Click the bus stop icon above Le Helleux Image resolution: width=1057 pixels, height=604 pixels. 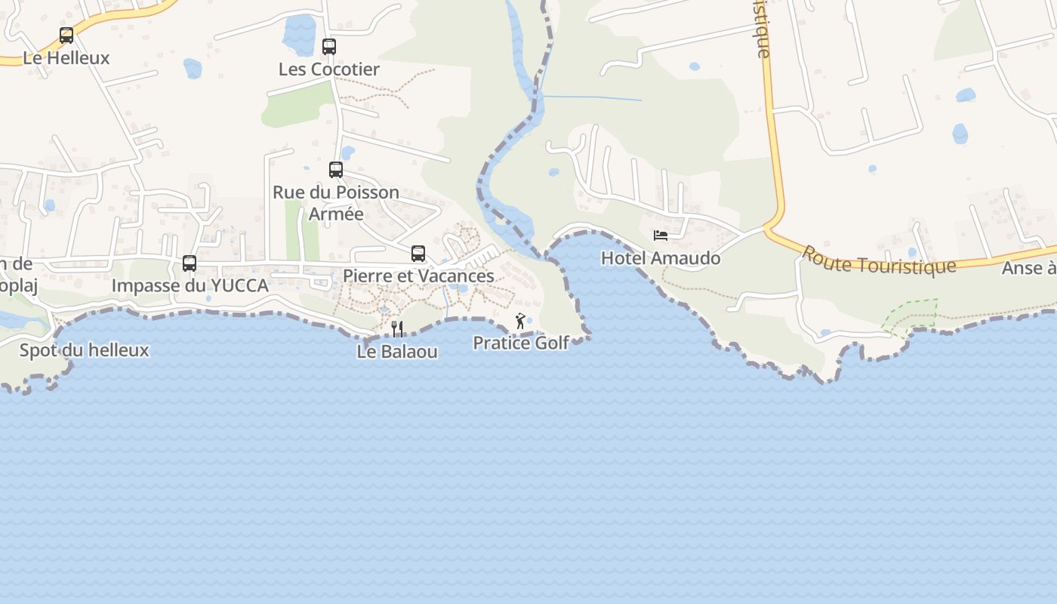[x=66, y=35]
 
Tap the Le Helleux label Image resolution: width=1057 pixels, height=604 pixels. [x=66, y=58]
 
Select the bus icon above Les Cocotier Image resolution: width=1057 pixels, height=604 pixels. [x=329, y=47]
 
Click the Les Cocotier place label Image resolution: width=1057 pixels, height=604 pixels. [x=329, y=69]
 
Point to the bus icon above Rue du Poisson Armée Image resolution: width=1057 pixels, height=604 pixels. [x=336, y=170]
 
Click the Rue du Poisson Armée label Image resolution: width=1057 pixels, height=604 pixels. [x=336, y=203]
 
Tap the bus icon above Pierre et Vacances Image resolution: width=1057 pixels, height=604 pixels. [x=418, y=254]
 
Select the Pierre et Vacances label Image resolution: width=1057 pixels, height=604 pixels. [x=418, y=276]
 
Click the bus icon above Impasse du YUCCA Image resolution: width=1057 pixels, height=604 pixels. [x=190, y=263]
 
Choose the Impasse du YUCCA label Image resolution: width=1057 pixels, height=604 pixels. [x=190, y=286]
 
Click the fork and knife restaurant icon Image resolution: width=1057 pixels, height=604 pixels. [x=397, y=328]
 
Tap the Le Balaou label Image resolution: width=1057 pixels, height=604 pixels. [x=397, y=352]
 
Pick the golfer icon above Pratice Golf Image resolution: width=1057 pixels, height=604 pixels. [x=520, y=322]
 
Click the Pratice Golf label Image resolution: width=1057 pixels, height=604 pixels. [x=521, y=344]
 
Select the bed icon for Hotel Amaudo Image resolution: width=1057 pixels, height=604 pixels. [x=661, y=236]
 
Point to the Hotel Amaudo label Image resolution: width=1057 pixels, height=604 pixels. [x=661, y=258]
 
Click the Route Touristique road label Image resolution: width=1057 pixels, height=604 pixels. [x=878, y=261]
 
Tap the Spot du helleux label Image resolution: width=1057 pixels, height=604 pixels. [x=85, y=350]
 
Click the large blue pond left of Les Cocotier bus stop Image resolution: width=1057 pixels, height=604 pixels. [x=300, y=35]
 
